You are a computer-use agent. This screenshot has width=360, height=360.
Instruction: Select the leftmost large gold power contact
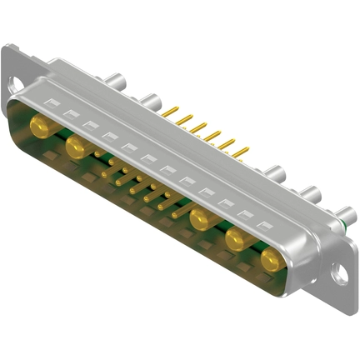point(39,126)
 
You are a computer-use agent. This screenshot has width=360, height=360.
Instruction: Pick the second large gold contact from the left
point(76,147)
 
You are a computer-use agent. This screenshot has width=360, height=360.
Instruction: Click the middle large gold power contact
point(200,220)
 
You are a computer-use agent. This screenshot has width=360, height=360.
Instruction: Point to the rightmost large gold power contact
point(271,262)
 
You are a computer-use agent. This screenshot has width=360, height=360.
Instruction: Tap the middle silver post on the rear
point(275,174)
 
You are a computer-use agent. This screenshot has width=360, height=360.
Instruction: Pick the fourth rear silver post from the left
point(310,195)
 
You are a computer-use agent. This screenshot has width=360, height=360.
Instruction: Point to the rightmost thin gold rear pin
point(244,149)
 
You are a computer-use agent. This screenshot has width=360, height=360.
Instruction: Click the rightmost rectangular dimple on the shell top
point(265,226)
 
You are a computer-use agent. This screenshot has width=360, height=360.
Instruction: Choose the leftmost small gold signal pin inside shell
point(99,153)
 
